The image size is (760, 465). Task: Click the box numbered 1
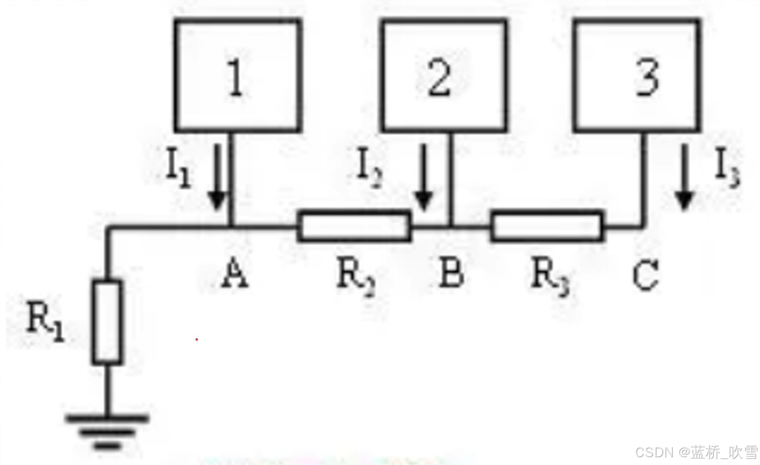(x=238, y=75)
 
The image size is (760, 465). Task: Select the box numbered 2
(x=444, y=75)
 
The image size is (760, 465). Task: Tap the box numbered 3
(x=637, y=75)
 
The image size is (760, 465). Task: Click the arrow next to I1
(x=217, y=175)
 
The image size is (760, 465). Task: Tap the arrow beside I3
(x=684, y=176)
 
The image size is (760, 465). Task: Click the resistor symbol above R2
(x=354, y=226)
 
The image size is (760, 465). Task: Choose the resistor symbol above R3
(x=546, y=226)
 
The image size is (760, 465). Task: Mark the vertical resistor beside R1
(x=107, y=322)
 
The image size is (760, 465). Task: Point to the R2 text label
(x=356, y=277)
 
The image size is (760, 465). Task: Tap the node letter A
(x=235, y=275)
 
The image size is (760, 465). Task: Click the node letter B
(x=451, y=275)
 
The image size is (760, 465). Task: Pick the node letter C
(x=645, y=275)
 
